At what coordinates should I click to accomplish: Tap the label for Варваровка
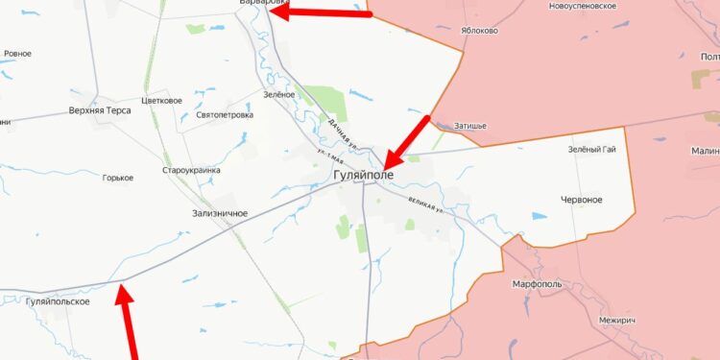click(x=260, y=3)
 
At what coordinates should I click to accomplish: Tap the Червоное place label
click(x=581, y=199)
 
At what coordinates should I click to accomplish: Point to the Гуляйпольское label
click(x=58, y=301)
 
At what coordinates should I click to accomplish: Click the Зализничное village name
click(x=220, y=213)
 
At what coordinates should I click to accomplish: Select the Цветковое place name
click(x=161, y=100)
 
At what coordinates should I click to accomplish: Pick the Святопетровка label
click(x=225, y=114)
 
